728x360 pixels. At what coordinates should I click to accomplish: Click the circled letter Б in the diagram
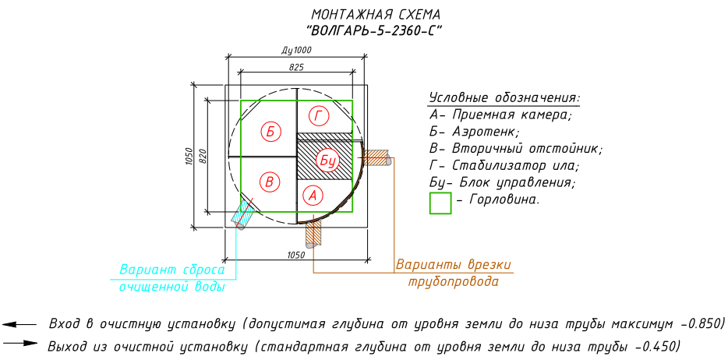pos(270,131)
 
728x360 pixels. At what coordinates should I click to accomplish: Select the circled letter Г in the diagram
pos(318,117)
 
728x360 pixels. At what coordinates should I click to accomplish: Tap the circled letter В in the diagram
pos(270,182)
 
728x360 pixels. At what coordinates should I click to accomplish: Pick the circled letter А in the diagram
pos(311,195)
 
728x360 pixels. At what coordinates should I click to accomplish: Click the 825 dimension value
pos(296,69)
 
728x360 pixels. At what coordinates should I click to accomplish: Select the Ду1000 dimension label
pos(296,50)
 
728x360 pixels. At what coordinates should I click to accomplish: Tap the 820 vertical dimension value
pos(203,155)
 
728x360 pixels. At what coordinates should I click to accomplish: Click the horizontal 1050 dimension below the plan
pos(295,255)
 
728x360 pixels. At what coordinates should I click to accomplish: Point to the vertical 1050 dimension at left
pos(189,156)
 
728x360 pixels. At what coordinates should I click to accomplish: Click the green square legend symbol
pos(441,203)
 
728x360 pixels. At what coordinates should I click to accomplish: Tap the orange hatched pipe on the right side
pos(378,157)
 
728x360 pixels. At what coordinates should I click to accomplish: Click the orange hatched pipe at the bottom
pos(314,231)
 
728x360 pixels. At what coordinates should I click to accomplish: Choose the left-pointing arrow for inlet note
pos(20,323)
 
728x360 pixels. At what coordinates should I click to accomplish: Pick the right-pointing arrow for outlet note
pos(20,342)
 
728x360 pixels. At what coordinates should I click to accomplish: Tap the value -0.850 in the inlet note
pos(699,323)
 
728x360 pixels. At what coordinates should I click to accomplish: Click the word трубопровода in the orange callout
pos(453,281)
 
